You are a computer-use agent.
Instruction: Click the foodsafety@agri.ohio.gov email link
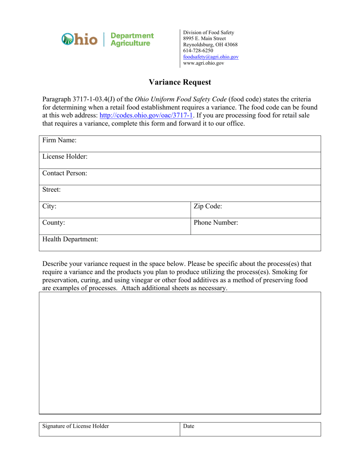[x=211, y=57]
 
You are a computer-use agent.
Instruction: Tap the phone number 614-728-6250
[x=198, y=50]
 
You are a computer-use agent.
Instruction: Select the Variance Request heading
[x=180, y=82]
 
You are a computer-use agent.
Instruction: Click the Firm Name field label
[x=59, y=141]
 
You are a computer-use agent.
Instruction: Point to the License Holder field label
[x=65, y=157]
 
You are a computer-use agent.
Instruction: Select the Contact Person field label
[x=64, y=174]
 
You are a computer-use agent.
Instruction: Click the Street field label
[x=52, y=190]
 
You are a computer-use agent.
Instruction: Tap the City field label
[x=50, y=206]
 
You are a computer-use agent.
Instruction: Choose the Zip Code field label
[x=208, y=206]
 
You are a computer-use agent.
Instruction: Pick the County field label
[x=54, y=223]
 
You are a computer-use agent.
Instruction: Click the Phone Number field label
[x=216, y=223]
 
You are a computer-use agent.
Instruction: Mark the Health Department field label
[x=70, y=239]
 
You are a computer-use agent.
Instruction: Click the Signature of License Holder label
[x=76, y=426]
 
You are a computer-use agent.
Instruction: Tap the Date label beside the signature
[x=189, y=426]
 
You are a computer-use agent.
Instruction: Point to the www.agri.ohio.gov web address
[x=203, y=63]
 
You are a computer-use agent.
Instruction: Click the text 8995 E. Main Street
[x=205, y=38]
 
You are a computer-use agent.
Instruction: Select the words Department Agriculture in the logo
[x=131, y=39]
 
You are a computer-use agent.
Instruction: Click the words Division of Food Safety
[x=209, y=32]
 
